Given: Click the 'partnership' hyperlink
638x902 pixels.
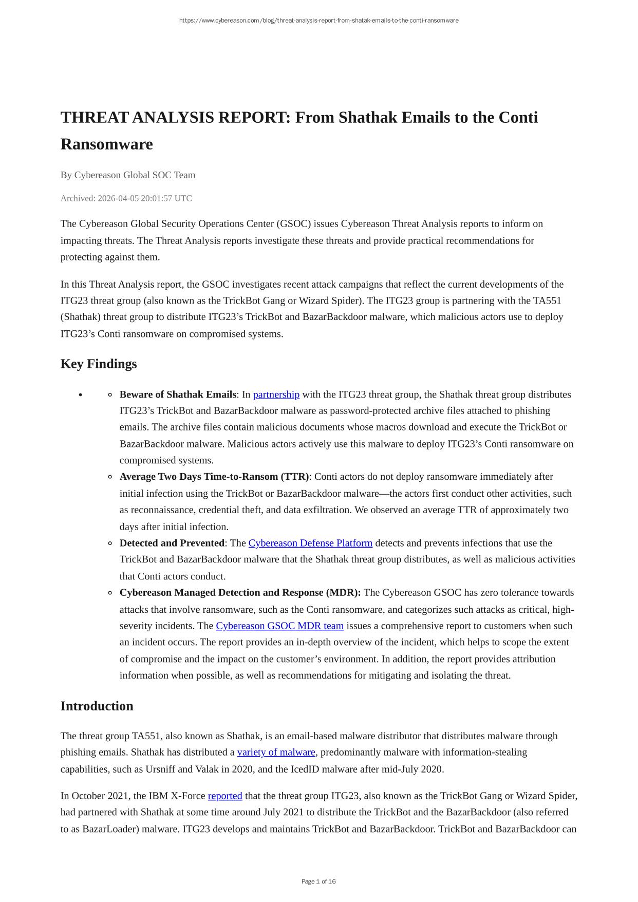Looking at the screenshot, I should (276, 394).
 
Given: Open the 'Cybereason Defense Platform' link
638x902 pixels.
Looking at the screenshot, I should (310, 543).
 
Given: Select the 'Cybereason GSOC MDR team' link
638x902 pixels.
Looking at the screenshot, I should (279, 626).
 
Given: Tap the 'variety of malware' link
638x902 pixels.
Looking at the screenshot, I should (276, 752).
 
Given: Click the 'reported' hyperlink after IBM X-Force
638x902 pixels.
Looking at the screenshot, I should (224, 796).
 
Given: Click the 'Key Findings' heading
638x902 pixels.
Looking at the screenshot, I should (99, 364).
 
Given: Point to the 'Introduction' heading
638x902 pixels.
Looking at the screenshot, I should (97, 706).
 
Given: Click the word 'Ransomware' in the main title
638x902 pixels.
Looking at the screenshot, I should (107, 144).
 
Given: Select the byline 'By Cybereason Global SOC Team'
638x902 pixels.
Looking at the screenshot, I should (128, 175).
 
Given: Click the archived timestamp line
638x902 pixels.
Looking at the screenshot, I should (126, 198).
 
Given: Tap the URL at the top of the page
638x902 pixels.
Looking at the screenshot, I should (318, 21).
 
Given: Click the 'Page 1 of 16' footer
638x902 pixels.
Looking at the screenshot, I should (318, 881).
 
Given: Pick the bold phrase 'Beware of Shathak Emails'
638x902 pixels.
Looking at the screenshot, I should (178, 394).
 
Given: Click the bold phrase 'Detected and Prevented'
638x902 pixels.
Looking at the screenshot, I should (172, 543).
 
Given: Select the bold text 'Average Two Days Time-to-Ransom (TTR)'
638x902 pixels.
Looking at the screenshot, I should (214, 477).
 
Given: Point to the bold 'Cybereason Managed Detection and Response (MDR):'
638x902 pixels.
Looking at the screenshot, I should (240, 592).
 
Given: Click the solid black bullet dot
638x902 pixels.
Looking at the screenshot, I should (81, 395).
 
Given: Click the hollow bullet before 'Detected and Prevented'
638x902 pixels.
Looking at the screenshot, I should (110, 543).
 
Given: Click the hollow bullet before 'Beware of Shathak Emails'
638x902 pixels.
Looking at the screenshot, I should (110, 395).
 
